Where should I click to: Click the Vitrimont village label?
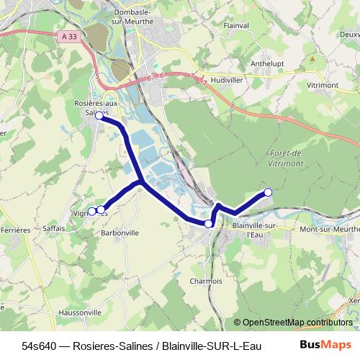323,86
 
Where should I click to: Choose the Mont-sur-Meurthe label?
330,229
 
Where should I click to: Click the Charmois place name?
205,281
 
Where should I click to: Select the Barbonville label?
120,233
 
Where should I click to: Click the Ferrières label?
15,230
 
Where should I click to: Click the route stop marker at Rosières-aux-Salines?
99,115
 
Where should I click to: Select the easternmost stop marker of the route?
268,192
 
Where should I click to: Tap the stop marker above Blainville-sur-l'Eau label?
209,224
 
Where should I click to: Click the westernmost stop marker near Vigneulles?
91,211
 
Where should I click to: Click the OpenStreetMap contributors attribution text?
297,323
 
